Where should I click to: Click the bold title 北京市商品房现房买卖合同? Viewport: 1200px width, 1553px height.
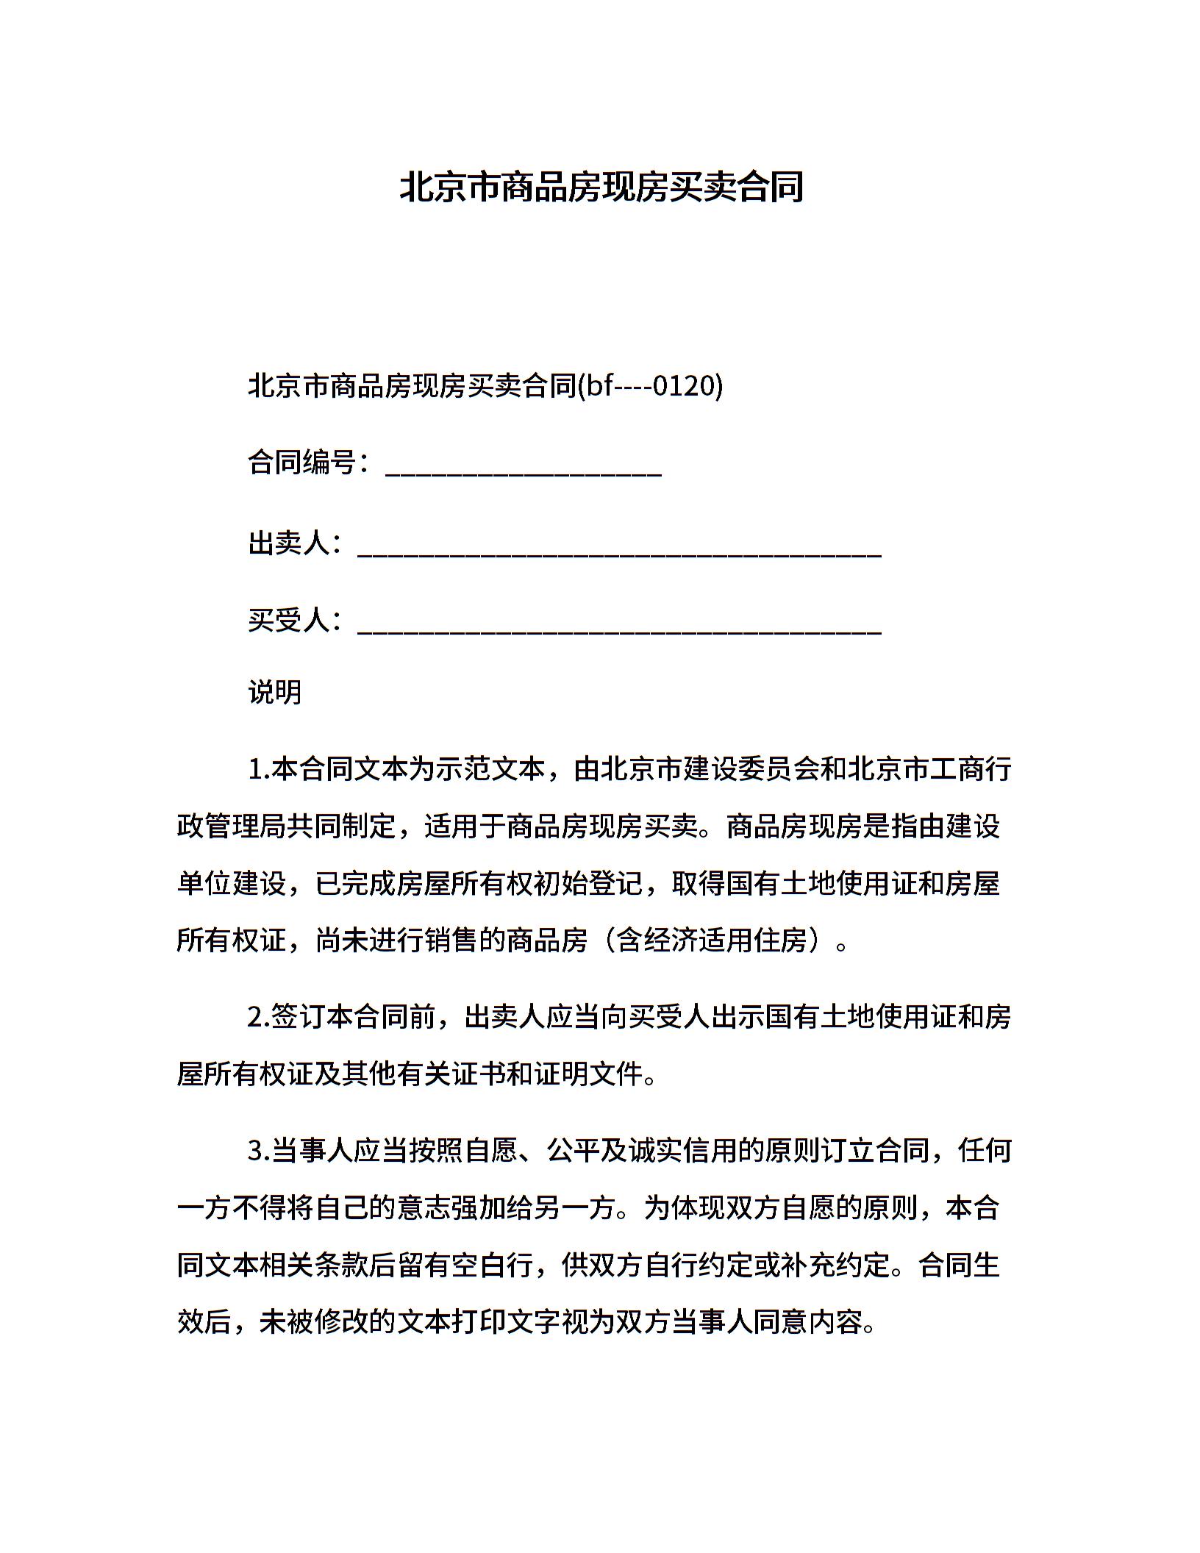pyautogui.click(x=601, y=188)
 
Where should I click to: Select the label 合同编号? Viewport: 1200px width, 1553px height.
pyautogui.click(x=301, y=463)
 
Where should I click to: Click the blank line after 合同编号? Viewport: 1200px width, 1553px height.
pyautogui.click(x=524, y=471)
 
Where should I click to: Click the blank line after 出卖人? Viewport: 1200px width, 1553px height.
pyautogui.click(x=619, y=551)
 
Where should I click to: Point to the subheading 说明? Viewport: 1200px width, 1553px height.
pyautogui.click(x=275, y=692)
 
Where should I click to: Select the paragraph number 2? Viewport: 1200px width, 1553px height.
pyautogui.click(x=258, y=1017)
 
